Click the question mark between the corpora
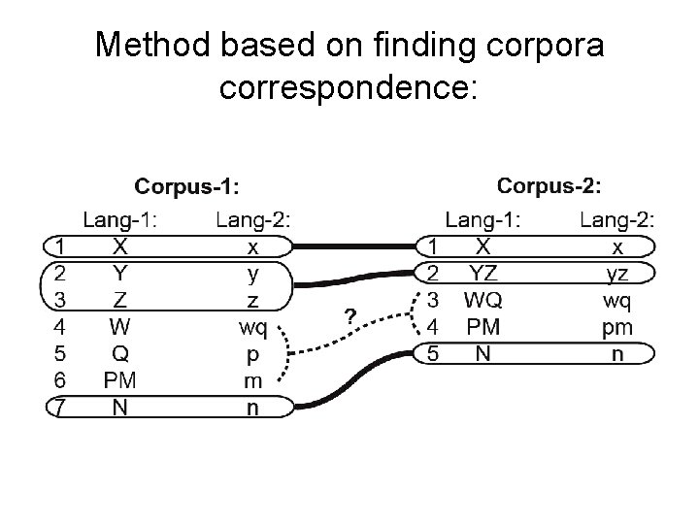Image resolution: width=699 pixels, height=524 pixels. point(349,315)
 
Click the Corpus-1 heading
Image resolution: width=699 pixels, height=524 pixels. point(187,184)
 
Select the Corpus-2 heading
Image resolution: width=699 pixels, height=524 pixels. point(549,184)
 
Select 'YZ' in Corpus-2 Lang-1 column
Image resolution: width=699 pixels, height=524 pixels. point(483,273)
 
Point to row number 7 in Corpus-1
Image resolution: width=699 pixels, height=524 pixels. point(60,407)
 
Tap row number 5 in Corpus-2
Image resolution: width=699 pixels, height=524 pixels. point(436,353)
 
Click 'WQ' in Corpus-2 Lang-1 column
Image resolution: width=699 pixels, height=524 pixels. point(483,300)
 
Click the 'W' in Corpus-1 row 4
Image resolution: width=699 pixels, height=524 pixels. point(118,326)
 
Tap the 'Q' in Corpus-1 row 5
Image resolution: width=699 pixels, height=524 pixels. point(118,353)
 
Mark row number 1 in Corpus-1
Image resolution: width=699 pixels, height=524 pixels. point(60,246)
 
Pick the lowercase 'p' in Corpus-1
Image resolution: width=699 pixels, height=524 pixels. point(253,353)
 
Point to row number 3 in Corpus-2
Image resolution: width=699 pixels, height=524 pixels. point(436,300)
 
